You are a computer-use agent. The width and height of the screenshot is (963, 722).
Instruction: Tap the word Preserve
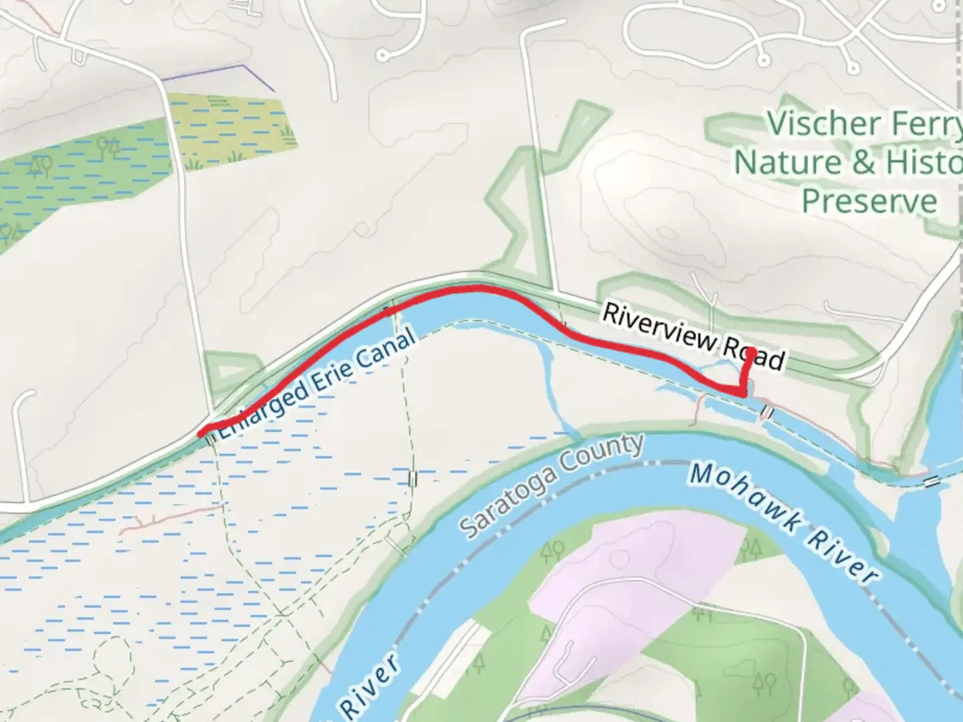tap(869, 201)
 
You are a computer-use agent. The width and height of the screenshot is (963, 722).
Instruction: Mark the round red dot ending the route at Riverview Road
tap(750, 352)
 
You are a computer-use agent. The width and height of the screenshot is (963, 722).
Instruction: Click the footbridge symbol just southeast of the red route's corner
tap(766, 413)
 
